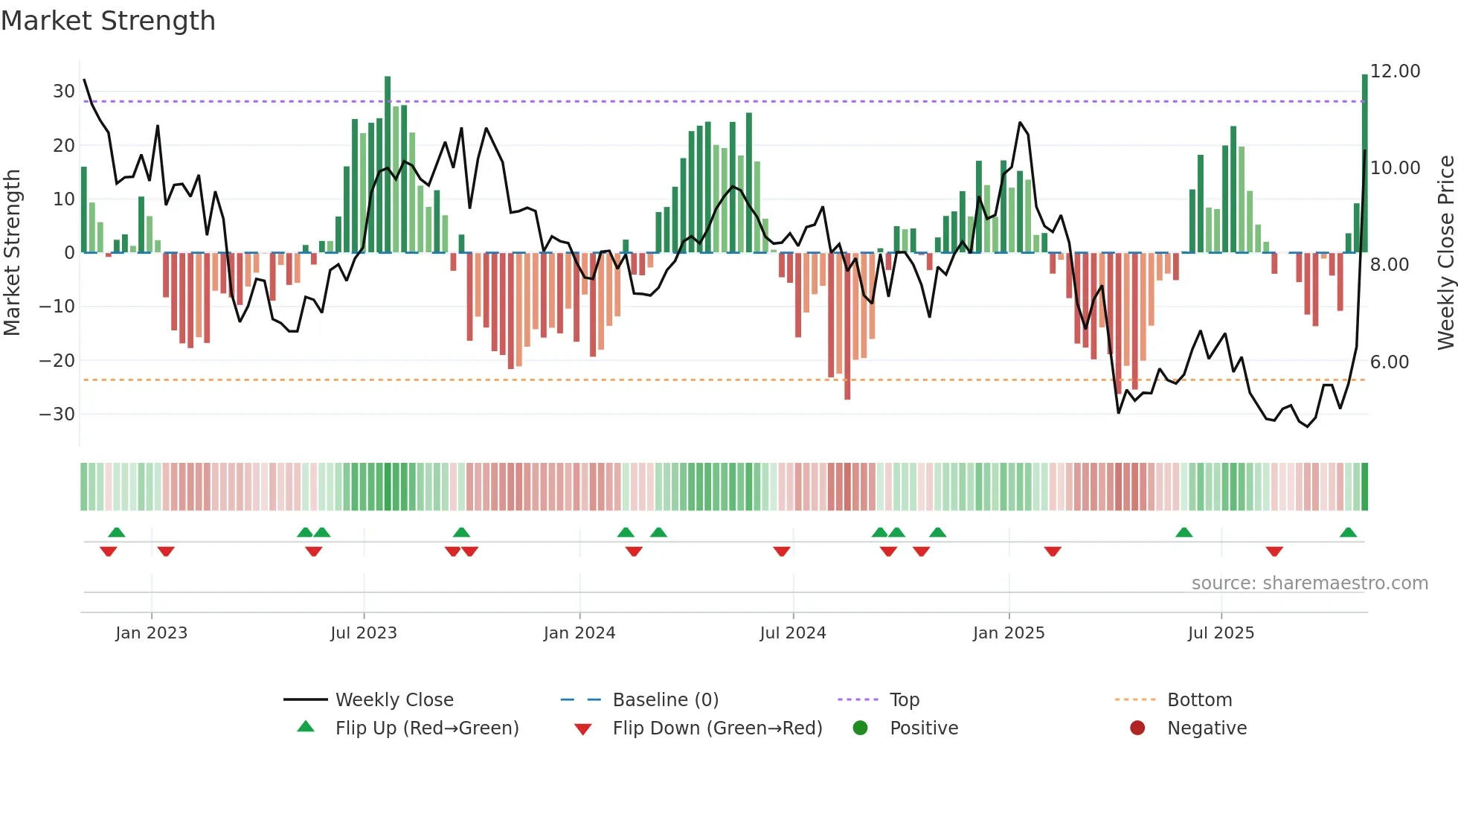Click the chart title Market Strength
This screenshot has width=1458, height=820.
108,21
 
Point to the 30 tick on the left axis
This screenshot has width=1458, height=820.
63,92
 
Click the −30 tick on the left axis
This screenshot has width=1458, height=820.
57,414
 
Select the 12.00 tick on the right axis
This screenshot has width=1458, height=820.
1395,71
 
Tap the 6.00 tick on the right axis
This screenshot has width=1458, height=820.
1389,362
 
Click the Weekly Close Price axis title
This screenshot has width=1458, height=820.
1445,253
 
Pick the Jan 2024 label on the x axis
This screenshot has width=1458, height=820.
579,633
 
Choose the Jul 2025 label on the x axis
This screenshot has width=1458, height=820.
1221,633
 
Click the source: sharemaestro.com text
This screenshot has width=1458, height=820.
1309,583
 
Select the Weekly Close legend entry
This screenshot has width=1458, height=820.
394,700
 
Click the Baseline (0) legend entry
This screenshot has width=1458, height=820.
665,700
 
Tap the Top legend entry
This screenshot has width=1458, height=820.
905,700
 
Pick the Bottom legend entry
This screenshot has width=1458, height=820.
1199,700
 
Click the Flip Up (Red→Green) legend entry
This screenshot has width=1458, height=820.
426,728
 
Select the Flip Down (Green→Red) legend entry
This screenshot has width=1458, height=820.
717,728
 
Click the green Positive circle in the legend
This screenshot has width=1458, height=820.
861,728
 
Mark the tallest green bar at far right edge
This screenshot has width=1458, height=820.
1364,164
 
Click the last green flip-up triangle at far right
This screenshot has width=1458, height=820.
1348,532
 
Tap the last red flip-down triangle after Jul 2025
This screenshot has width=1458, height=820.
1274,551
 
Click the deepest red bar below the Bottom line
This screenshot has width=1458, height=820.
847,327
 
